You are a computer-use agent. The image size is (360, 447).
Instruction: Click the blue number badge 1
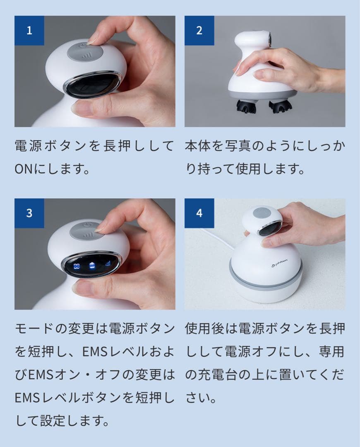click(29, 31)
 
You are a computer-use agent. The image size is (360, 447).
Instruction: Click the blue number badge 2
click(199, 31)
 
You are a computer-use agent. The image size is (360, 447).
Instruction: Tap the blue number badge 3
click(29, 213)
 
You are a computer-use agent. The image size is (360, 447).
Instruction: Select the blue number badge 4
click(199, 213)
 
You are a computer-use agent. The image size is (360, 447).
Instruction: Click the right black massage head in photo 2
click(281, 107)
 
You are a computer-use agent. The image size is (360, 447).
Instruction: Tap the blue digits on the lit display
click(77, 267)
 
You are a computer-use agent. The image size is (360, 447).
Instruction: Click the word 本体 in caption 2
click(197, 146)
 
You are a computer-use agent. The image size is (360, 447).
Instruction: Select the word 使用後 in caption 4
click(204, 329)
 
